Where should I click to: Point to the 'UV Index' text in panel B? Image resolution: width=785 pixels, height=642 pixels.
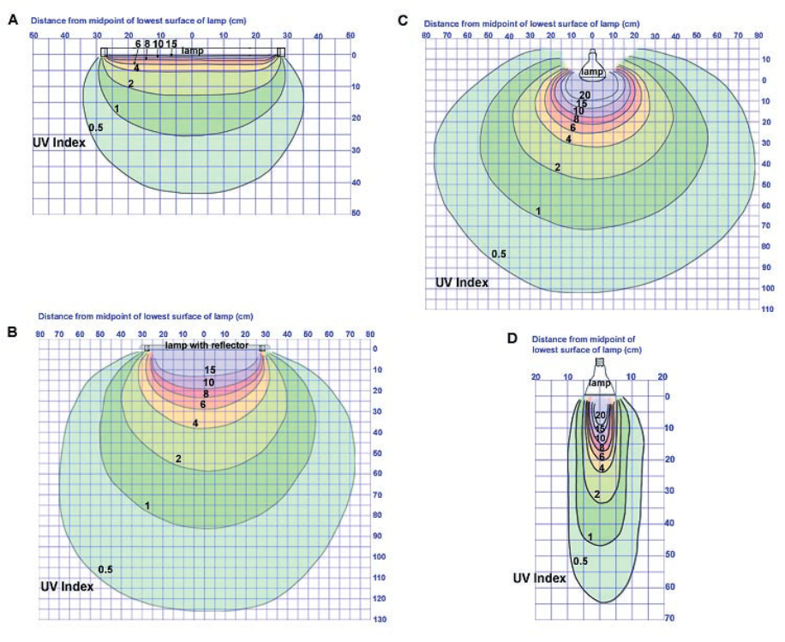tap(67, 587)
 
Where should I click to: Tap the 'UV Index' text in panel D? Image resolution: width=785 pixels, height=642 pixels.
tap(540, 579)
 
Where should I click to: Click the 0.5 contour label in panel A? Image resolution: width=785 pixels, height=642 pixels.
tap(96, 128)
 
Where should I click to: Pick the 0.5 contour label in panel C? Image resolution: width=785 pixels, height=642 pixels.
tap(499, 254)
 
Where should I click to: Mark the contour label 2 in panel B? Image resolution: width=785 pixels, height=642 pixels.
tap(178, 459)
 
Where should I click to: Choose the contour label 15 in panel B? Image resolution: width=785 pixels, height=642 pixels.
tap(209, 370)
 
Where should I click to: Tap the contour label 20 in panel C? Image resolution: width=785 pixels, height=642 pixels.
tap(585, 95)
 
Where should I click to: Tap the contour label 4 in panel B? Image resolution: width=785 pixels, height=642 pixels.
tap(195, 423)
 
